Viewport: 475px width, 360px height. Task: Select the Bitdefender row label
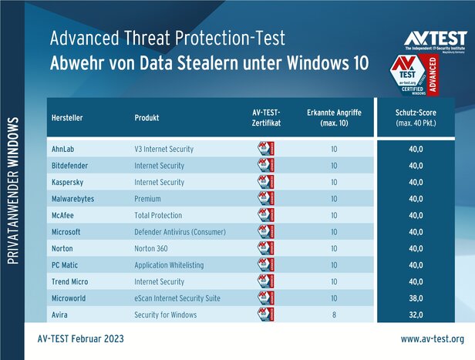tap(69, 166)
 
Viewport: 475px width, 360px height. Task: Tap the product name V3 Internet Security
tap(167, 149)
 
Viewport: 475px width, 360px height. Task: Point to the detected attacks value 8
tap(334, 315)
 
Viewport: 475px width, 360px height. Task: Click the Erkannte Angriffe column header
tap(334, 117)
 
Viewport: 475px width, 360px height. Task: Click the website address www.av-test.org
tap(432, 338)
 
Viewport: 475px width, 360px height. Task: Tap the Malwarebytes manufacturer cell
tap(72, 199)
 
